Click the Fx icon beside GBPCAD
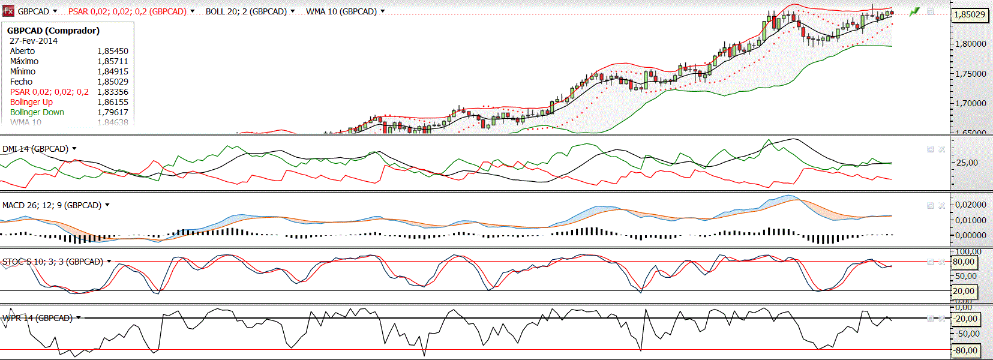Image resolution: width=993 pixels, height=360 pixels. coord(8,11)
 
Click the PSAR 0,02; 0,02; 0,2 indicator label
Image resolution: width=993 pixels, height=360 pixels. coord(127,11)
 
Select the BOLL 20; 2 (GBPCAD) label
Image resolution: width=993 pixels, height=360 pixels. coord(246,11)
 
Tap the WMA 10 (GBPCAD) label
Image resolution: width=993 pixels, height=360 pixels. coord(341,11)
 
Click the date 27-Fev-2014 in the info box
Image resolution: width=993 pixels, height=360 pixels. coord(34,41)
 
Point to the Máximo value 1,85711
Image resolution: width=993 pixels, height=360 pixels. coord(113,61)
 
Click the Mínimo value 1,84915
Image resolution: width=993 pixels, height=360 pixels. coord(113,71)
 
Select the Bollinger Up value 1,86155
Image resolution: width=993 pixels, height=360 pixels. coord(113,102)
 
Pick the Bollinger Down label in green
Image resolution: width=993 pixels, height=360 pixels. coord(37,112)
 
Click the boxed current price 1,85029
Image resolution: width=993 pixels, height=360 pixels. coord(970,14)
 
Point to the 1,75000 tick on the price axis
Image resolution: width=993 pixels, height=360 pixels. coord(971,74)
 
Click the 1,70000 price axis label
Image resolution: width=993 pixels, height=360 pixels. coord(971,103)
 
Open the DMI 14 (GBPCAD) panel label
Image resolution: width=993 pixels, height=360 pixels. coord(35,149)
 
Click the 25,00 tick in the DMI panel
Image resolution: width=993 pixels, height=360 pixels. coord(967,163)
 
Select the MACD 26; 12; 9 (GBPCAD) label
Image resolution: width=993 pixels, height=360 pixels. coord(52,205)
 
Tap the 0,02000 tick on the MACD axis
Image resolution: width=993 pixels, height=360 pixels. coord(971,205)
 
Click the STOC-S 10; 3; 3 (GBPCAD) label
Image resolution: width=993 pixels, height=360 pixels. coord(53,262)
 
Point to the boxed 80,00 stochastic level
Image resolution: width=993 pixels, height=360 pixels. coord(964,262)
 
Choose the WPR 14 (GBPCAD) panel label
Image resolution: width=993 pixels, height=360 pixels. coord(37,318)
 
